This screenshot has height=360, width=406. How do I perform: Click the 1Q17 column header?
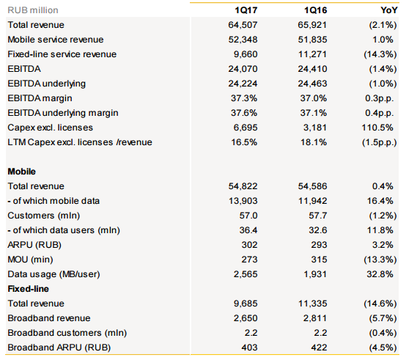[x=246, y=10]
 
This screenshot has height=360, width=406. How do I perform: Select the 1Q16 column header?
[x=315, y=10]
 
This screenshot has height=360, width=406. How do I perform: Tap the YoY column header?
[x=389, y=10]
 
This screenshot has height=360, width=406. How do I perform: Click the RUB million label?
[x=33, y=10]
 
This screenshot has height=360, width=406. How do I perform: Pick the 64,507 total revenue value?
[x=243, y=25]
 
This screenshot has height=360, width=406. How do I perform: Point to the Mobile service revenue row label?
[x=56, y=40]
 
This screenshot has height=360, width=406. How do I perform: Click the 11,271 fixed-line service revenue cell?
[x=312, y=54]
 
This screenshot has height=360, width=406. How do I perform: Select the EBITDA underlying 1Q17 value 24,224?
[x=243, y=84]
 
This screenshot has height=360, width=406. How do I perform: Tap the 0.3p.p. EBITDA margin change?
[x=380, y=98]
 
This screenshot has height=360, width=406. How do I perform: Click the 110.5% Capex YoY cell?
[x=377, y=128]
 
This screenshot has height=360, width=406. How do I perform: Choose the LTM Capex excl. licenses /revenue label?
[x=80, y=142]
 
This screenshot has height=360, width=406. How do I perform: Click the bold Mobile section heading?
[x=22, y=172]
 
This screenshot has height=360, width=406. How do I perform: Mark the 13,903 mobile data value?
[x=243, y=201]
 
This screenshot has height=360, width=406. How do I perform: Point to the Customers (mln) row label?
[x=44, y=216]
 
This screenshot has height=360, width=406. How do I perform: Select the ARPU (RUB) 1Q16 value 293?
[x=319, y=245]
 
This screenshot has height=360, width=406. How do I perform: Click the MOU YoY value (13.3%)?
[x=380, y=260]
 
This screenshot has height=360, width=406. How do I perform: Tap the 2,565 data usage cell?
[x=246, y=274]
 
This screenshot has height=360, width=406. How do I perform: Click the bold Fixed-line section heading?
[x=29, y=289]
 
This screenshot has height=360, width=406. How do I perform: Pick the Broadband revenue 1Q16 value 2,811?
[x=315, y=318]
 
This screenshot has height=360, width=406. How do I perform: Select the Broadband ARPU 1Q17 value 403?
[x=249, y=348]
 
